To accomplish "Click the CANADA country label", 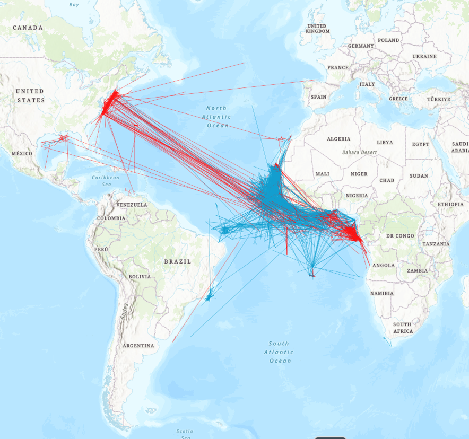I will click(28, 28).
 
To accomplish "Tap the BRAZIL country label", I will click(177, 261).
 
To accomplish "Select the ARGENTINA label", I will click(138, 346).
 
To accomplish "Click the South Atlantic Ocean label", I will click(279, 352).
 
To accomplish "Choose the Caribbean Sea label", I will click(106, 181).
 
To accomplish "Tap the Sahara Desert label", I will click(359, 152).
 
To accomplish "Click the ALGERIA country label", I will click(338, 139).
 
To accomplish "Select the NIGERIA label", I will click(357, 196).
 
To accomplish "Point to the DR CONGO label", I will click(401, 235).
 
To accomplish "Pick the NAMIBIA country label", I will click(382, 293).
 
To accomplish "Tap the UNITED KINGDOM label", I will click(317, 29).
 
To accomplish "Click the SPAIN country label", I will click(318, 97).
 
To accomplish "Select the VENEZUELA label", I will click(132, 205).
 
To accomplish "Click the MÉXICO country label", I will click(21, 154).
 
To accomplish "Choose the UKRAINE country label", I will click(424, 56).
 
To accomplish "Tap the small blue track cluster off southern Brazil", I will click(210, 296).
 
